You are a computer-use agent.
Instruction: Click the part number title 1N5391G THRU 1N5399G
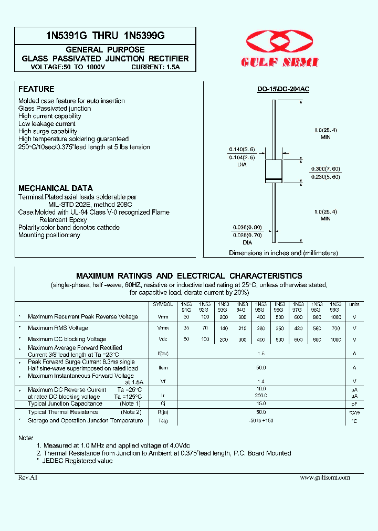[105, 36]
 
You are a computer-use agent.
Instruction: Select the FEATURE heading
[36, 89]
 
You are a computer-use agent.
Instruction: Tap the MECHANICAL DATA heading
[56, 188]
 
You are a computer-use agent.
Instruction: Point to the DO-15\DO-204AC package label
[283, 90]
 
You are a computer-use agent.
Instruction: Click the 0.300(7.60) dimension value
[325, 169]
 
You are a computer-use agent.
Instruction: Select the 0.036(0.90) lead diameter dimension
[247, 228]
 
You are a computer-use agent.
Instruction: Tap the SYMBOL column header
[163, 304]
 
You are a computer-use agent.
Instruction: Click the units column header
[355, 304]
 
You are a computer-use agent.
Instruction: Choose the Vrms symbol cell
[163, 328]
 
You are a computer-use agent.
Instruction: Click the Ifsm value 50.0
[261, 368]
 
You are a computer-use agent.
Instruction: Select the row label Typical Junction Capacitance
[65, 403]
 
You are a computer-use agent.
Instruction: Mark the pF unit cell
[355, 404]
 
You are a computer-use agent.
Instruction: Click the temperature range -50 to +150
[261, 421]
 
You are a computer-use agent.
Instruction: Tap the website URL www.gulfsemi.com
[324, 477]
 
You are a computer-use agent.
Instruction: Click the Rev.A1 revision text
[28, 477]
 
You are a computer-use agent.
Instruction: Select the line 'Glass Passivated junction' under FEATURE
[55, 108]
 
